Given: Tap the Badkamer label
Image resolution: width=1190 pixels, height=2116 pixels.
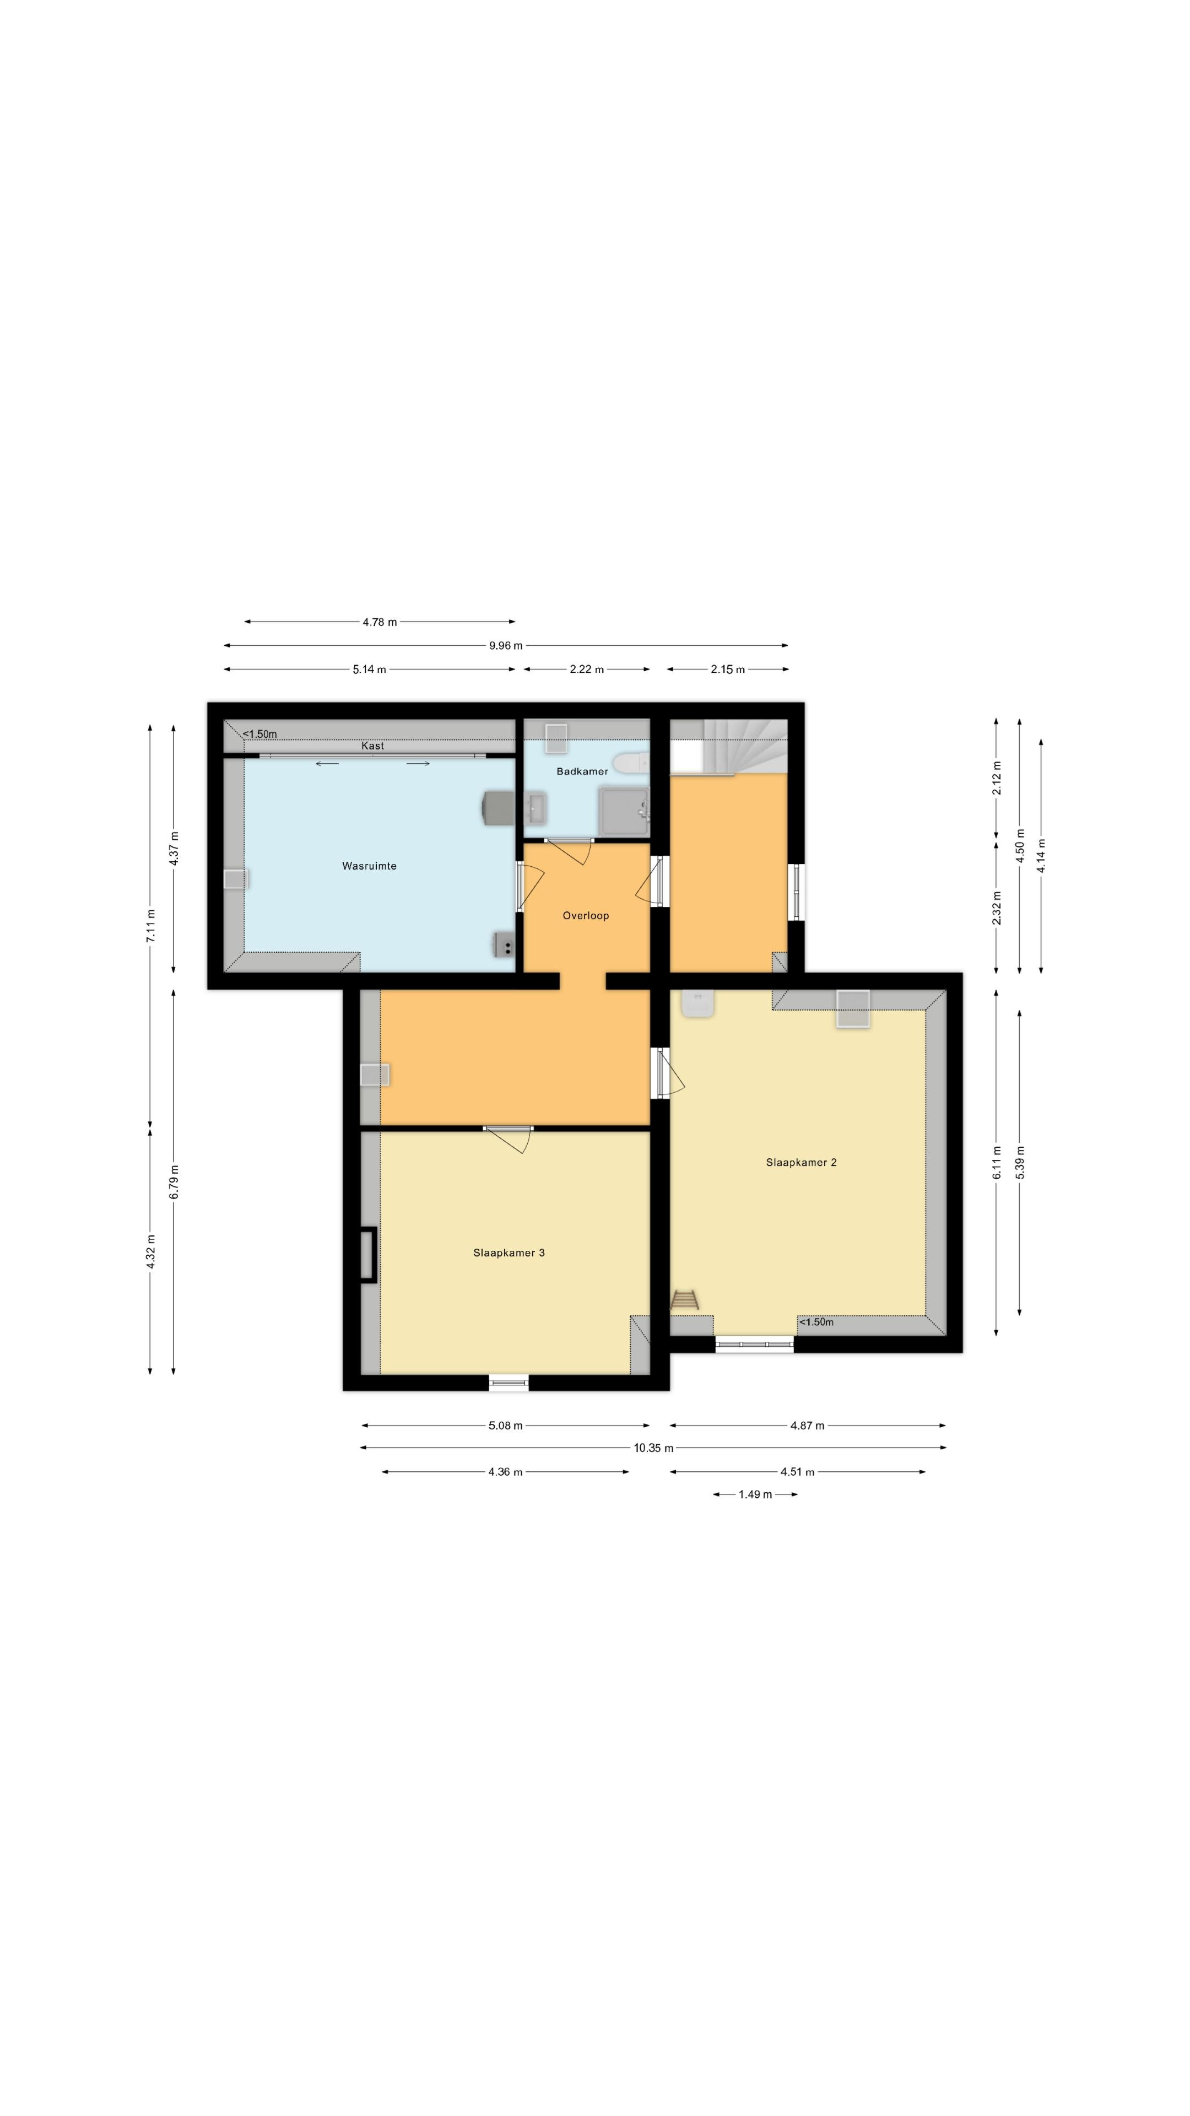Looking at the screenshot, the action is [582, 771].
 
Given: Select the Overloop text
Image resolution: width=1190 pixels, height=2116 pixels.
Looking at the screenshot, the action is [586, 915].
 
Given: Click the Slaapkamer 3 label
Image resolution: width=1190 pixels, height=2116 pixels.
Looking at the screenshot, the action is [509, 1253].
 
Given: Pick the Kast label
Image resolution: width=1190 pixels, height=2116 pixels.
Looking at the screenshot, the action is [373, 746].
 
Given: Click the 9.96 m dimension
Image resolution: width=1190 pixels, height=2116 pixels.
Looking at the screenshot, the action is [506, 646].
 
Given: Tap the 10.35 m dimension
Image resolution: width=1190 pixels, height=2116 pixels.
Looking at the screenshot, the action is [653, 1448].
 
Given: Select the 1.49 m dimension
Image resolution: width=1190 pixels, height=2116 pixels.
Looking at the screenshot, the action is [755, 1494].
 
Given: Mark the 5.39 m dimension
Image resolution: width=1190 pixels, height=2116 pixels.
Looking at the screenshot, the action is [1020, 1162].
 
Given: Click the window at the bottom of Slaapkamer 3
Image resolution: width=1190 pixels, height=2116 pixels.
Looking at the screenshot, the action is [509, 1383].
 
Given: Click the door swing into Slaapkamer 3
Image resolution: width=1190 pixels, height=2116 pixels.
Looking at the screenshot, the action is [509, 1140].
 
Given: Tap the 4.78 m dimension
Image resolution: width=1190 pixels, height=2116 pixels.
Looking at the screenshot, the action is [380, 622].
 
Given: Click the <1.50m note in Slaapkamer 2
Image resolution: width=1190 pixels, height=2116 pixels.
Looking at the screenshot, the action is [816, 1322].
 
